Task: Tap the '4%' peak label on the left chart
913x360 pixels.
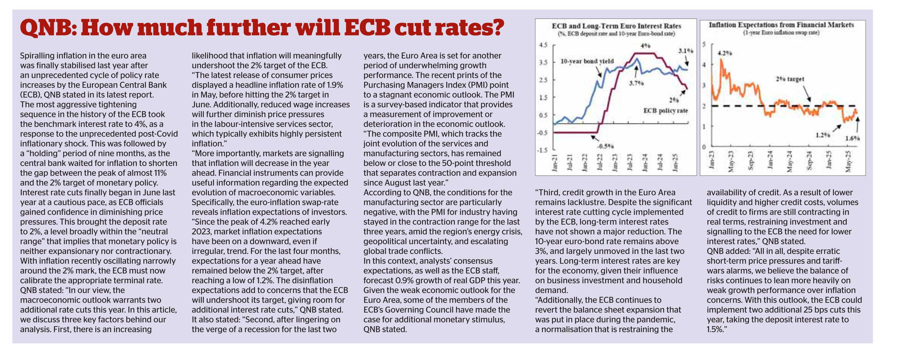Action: (645, 46)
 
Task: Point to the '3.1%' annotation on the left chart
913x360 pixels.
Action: (685, 51)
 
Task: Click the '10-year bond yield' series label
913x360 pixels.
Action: (587, 61)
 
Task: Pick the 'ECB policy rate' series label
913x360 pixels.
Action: (665, 111)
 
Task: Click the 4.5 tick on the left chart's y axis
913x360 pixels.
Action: (543, 45)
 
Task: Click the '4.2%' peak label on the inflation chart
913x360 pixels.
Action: (725, 53)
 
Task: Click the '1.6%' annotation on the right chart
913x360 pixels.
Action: (852, 138)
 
